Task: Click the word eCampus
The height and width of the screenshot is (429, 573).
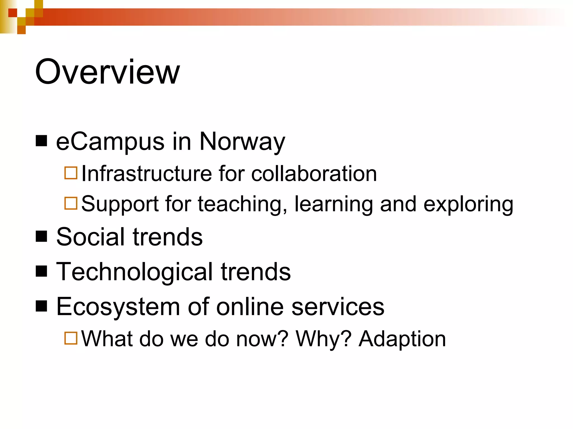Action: (110, 142)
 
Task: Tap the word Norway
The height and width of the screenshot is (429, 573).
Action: (242, 142)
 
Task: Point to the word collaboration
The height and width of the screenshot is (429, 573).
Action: (314, 174)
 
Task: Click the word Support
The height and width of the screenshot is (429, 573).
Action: (120, 204)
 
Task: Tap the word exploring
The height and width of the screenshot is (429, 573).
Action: (468, 204)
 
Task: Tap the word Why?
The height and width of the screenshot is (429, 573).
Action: (323, 339)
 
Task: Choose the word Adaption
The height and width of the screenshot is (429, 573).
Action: (402, 339)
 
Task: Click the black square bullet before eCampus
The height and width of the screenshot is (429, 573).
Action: (41, 141)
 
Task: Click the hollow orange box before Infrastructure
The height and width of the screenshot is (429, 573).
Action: (71, 173)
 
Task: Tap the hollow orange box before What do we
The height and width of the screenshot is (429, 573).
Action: (71, 338)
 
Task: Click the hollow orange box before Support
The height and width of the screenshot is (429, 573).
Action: (71, 203)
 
